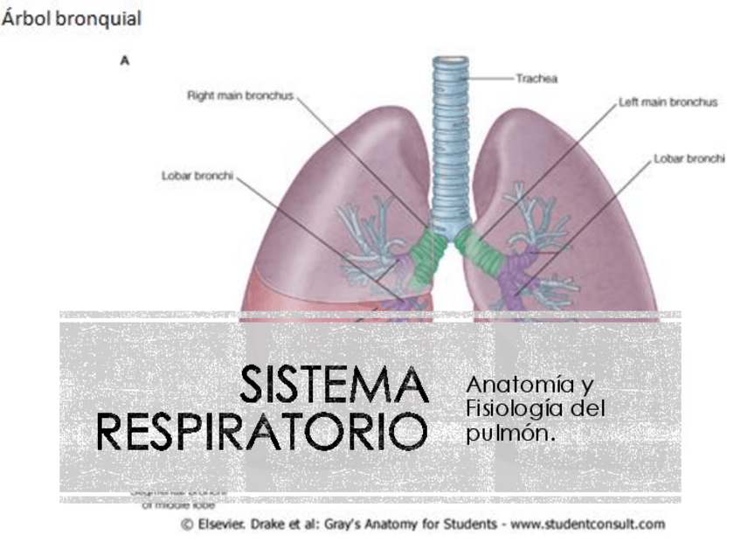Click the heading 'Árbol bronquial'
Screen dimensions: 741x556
coord(71,18)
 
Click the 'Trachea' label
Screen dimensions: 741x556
coord(537,78)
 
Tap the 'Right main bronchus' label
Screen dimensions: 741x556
coord(240,95)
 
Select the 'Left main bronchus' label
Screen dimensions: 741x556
coord(668,102)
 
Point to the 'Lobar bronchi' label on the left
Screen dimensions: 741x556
coord(197,175)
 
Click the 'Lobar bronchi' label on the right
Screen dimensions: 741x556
coord(689,159)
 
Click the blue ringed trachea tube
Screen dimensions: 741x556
coord(451,140)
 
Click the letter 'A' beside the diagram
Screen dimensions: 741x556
coord(125,61)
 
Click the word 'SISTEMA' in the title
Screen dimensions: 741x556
coord(335,386)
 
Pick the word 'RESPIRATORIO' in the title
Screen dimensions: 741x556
coord(262,432)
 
